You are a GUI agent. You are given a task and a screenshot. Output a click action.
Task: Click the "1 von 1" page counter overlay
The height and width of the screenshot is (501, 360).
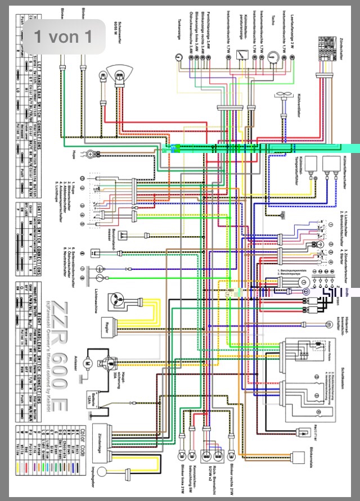[62, 37]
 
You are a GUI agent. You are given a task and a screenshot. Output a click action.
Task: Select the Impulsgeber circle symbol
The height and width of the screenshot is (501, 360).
[103, 471]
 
